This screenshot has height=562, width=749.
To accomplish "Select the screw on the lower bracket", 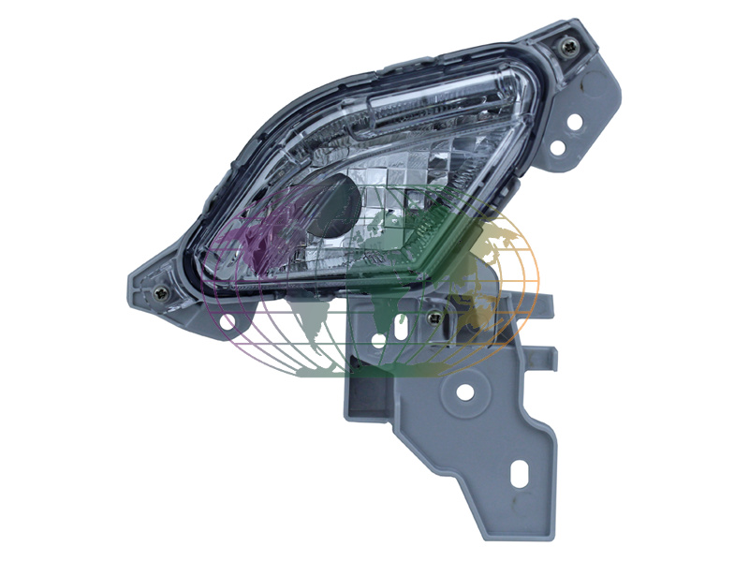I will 433,318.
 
